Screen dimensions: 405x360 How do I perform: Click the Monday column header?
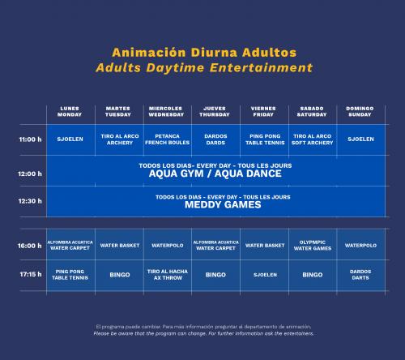[70, 111]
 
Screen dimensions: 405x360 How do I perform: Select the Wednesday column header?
[166, 111]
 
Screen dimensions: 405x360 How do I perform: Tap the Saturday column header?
[312, 111]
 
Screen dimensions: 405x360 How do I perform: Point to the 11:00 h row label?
[30, 139]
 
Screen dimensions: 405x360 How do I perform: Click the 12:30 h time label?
[30, 201]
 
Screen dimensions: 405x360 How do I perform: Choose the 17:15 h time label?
[31, 274]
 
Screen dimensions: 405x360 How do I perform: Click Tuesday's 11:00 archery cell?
[120, 139]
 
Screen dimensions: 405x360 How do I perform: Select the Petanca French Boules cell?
[167, 139]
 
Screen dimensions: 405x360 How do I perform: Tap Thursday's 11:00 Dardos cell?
[215, 139]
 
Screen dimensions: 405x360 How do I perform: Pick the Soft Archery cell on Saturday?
[312, 139]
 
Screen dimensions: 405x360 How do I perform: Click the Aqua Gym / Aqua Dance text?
[215, 174]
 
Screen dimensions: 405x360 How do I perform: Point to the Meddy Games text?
[223, 204]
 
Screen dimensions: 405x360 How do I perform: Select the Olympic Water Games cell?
[313, 246]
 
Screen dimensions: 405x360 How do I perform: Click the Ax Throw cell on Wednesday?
[168, 275]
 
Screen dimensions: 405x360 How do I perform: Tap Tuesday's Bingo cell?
[120, 275]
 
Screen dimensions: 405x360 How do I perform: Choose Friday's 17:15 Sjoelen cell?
[265, 275]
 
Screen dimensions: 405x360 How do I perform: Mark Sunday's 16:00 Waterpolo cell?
[360, 246]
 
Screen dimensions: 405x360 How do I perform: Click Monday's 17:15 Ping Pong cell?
[70, 275]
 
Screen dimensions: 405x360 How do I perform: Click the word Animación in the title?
[149, 53]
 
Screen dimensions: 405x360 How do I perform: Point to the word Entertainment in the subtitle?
[262, 67]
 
